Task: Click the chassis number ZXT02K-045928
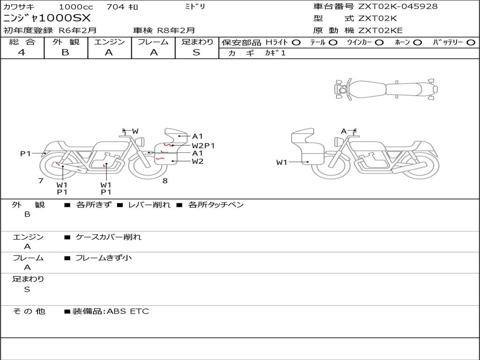click(x=398, y=7)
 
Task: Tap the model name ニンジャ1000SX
click(x=47, y=18)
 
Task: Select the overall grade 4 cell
click(x=22, y=52)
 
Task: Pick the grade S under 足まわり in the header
click(x=196, y=52)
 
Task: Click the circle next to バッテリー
click(x=471, y=43)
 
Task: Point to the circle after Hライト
click(x=296, y=43)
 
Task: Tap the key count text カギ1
click(x=275, y=53)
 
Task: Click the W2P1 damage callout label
click(x=203, y=145)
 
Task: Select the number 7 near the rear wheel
click(x=41, y=180)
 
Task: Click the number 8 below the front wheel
click(x=165, y=181)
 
